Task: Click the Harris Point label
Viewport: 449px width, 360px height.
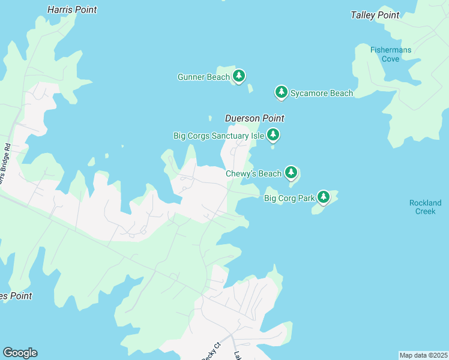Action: pos(71,10)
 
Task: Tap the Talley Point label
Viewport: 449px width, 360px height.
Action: pos(375,15)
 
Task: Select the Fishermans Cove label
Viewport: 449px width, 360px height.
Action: pos(390,54)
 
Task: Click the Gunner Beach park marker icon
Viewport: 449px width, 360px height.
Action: pos(240,76)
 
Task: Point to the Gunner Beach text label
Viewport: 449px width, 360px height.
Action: pos(203,77)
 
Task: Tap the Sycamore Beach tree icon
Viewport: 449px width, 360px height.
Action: pos(281,92)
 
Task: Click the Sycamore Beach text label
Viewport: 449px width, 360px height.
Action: pos(322,93)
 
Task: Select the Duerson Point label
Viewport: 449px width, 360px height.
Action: pos(254,118)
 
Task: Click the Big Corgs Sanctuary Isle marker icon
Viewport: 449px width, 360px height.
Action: pos(273,134)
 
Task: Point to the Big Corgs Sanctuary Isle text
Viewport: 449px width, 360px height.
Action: pos(218,136)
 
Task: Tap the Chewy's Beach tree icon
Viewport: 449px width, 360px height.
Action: pos(291,173)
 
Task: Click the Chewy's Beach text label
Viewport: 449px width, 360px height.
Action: pos(253,174)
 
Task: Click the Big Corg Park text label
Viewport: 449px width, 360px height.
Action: pos(288,197)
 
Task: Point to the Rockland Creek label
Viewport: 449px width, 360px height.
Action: pos(425,207)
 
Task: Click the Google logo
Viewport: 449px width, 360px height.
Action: pos(20,353)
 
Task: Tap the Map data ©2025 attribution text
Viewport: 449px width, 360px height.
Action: pos(423,355)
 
